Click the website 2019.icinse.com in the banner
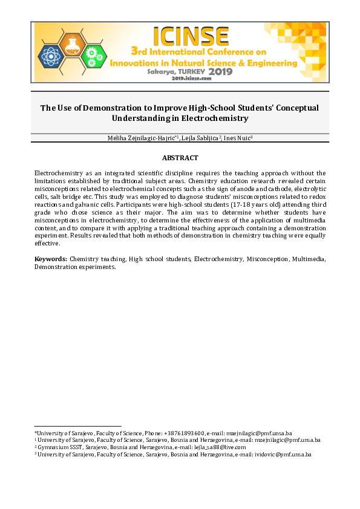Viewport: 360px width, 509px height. coord(191,79)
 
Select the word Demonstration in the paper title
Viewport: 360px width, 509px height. coord(98,108)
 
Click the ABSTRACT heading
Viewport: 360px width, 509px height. coord(180,158)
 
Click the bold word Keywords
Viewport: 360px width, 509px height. coord(50,259)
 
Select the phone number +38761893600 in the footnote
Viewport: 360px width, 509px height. coord(183,433)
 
